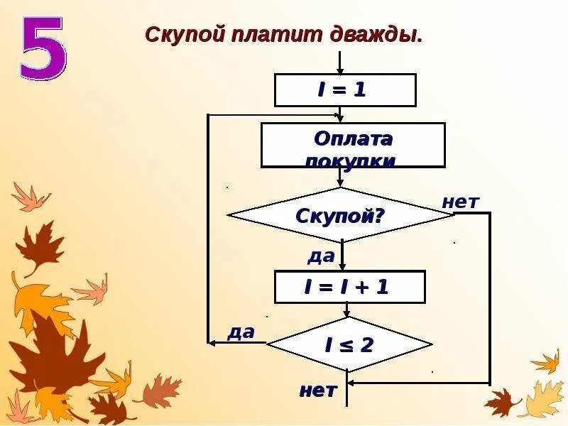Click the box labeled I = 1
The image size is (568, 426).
(x=344, y=90)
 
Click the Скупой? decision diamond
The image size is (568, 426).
(x=340, y=214)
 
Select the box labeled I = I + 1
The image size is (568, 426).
(x=349, y=287)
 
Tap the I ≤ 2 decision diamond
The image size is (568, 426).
(x=349, y=345)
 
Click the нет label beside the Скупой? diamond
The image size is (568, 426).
(x=460, y=202)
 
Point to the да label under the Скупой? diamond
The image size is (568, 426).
(x=321, y=256)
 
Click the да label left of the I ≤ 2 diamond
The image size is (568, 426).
(x=241, y=332)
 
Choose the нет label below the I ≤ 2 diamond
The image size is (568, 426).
(x=317, y=390)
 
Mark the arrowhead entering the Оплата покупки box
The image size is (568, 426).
(x=341, y=118)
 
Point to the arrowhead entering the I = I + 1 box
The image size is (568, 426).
(x=342, y=266)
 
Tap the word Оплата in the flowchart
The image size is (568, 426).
(x=354, y=138)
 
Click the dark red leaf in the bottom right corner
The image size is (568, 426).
(x=503, y=402)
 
